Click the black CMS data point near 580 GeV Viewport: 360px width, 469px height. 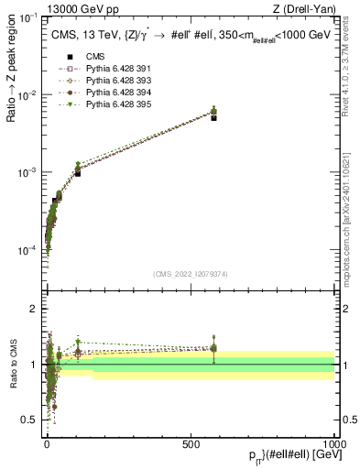213,118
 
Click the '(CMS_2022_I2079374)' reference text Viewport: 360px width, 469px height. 191,274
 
